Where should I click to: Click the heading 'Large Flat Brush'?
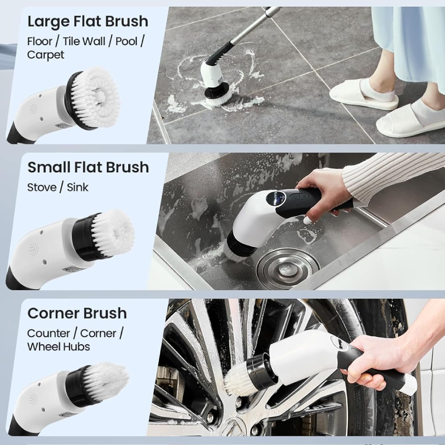tap(88, 21)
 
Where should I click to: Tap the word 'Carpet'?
tap(46, 55)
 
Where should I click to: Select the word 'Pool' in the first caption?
tap(126, 41)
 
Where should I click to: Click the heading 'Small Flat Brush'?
tap(88, 167)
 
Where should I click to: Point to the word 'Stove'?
tap(42, 187)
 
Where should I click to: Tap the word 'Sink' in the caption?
tap(77, 187)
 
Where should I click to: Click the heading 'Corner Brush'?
tap(77, 313)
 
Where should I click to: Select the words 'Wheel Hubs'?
tap(58, 347)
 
